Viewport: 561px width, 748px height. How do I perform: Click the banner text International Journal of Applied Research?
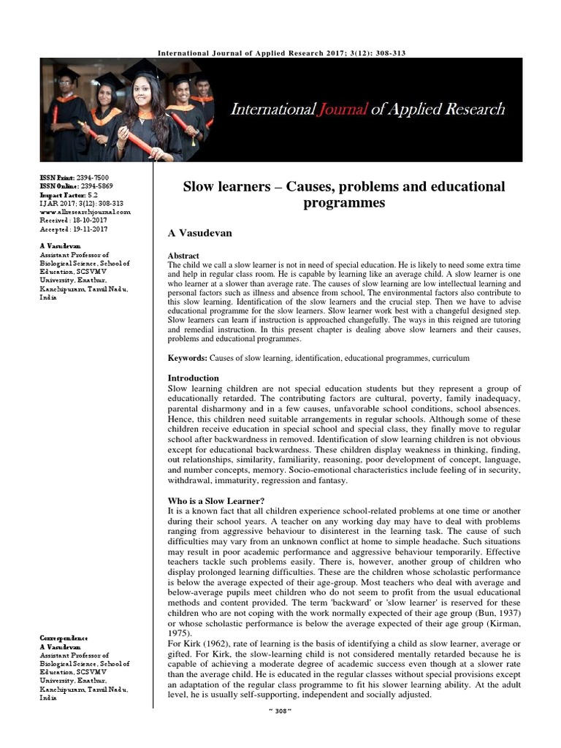pyautogui.click(x=367, y=110)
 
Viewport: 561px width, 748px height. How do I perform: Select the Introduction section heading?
pyautogui.click(x=194, y=378)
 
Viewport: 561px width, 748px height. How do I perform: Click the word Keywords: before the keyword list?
pyautogui.click(x=188, y=359)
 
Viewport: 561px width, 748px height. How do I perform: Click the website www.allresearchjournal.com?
pyautogui.click(x=85, y=212)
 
